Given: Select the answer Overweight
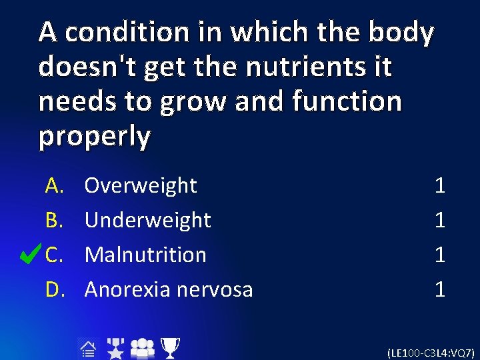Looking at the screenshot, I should click(x=141, y=185).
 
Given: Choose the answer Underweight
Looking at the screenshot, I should click(x=147, y=220).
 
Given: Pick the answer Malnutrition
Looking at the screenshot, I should click(x=145, y=255).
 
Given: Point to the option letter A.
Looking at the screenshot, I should click(x=54, y=185).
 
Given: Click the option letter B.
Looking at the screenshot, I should click(x=54, y=220).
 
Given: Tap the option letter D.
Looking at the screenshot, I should click(x=54, y=289).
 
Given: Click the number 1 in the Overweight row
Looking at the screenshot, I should click(x=439, y=185).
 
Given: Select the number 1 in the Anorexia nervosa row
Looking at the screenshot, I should click(x=439, y=289).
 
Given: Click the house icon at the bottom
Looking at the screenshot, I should click(x=87, y=347).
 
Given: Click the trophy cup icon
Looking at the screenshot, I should click(x=170, y=347).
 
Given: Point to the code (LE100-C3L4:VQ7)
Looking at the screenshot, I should click(x=431, y=351).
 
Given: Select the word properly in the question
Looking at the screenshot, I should click(x=95, y=136).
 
